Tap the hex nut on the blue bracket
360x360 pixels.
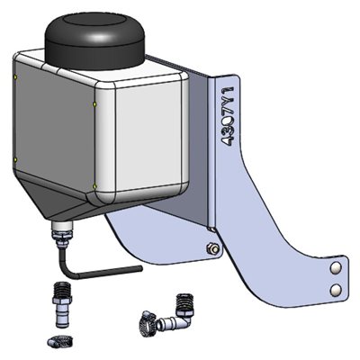coord(211,248)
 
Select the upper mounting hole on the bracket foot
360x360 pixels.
coord(335,268)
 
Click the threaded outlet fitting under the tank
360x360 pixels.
coord(62,236)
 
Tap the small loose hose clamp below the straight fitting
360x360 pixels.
coord(56,339)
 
